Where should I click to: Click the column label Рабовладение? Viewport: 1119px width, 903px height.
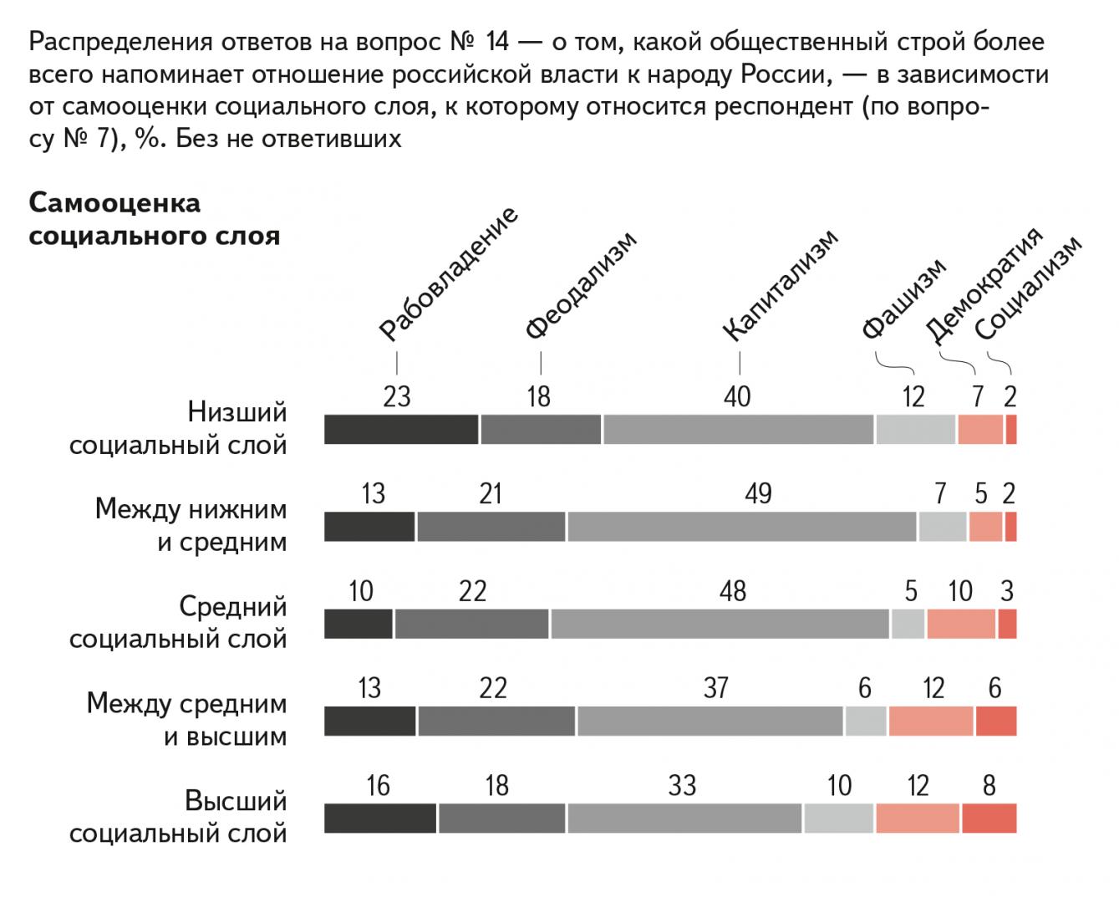pyautogui.click(x=448, y=274)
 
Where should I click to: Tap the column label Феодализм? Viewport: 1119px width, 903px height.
pyautogui.click(x=581, y=285)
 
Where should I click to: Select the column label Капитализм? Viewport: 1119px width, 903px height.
pyautogui.click(x=780, y=285)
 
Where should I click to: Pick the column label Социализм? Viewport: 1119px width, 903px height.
pyautogui.click(x=1028, y=288)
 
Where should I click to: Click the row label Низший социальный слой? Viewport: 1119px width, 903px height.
pyautogui.click(x=178, y=428)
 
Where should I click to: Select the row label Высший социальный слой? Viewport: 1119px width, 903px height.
pyautogui.click(x=178, y=816)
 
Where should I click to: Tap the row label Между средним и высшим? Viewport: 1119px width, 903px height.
pyautogui.click(x=186, y=719)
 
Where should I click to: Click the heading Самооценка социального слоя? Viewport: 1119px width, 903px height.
pyautogui.click(x=154, y=219)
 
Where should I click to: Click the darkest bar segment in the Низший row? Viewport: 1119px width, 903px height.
pyautogui.click(x=401, y=429)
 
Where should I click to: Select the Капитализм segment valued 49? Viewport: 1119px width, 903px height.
pyautogui.click(x=741, y=527)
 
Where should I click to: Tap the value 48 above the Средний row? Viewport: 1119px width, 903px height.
pyautogui.click(x=733, y=591)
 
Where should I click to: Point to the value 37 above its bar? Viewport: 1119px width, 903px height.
pyautogui.click(x=716, y=688)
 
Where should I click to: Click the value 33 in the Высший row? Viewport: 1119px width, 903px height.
pyautogui.click(x=682, y=785)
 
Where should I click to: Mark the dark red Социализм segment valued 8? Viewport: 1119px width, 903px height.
pyautogui.click(x=989, y=818)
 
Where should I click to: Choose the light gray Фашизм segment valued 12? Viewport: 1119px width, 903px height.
pyautogui.click(x=915, y=429)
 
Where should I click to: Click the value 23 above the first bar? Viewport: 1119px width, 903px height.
pyautogui.click(x=397, y=396)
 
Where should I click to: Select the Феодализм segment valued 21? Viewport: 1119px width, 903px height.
pyautogui.click(x=491, y=527)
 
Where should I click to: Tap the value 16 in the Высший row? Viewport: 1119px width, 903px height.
pyautogui.click(x=378, y=785)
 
